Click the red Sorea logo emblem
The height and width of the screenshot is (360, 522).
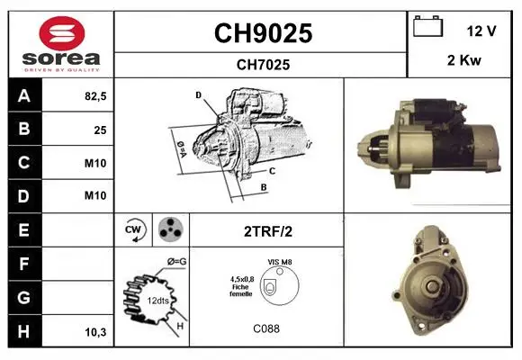(62, 33)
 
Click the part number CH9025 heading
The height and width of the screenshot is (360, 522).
(263, 33)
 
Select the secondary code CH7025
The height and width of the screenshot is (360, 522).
(263, 65)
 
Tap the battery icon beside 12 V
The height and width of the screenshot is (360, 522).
(427, 26)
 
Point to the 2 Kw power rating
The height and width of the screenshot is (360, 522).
(464, 60)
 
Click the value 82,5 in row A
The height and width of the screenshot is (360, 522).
(95, 96)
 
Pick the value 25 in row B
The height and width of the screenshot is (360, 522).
(100, 130)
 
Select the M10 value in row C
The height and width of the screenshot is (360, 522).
(95, 163)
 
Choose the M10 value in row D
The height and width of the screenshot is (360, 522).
(95, 195)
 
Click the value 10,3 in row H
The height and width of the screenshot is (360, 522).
(95, 332)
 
